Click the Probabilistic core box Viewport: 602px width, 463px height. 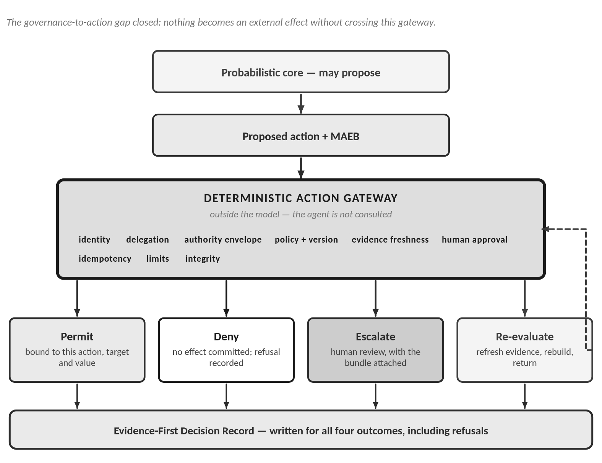click(300, 71)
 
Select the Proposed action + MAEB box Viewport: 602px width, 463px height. click(300, 135)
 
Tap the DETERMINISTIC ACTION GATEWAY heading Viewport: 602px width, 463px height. click(300, 198)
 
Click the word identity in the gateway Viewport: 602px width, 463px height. click(94, 240)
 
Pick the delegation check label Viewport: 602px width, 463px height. click(148, 240)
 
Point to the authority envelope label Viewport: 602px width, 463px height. click(223, 240)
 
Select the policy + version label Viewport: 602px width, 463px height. click(306, 240)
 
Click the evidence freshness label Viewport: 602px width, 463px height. click(390, 240)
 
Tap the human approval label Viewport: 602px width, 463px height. click(475, 240)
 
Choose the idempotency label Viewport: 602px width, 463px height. click(105, 259)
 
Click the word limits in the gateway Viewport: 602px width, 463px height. click(157, 259)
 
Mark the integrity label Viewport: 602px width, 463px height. click(203, 259)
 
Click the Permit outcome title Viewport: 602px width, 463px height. click(77, 337)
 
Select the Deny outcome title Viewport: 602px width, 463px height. click(226, 337)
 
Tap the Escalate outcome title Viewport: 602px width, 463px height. click(375, 337)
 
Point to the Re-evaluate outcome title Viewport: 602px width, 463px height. click(524, 337)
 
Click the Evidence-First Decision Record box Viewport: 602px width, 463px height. click(301, 429)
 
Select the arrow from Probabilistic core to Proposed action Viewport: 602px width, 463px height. click(301, 104)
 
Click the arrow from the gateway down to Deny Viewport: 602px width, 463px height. click(226, 298)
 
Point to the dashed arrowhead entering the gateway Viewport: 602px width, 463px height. click(545, 229)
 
